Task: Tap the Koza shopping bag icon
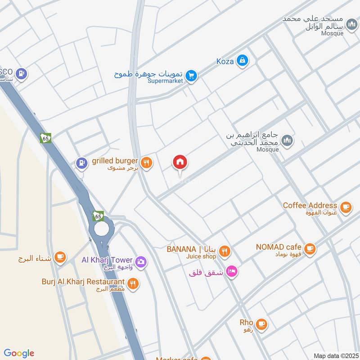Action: pos(242,60)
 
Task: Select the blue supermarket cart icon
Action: pos(191,76)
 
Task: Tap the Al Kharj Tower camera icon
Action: pos(140,261)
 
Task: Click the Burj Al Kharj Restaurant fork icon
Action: pos(132,283)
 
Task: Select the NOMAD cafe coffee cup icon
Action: pos(309,248)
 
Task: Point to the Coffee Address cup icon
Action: pos(345,207)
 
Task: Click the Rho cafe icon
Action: pos(261,324)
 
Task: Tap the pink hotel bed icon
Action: pos(232,271)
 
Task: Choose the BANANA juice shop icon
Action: pos(225,251)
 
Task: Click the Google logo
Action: pos(19,353)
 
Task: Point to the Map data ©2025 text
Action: pos(335,355)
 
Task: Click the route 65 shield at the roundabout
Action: pos(99,216)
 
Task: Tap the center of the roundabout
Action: pos(101,230)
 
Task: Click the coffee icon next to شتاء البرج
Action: pos(59,257)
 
